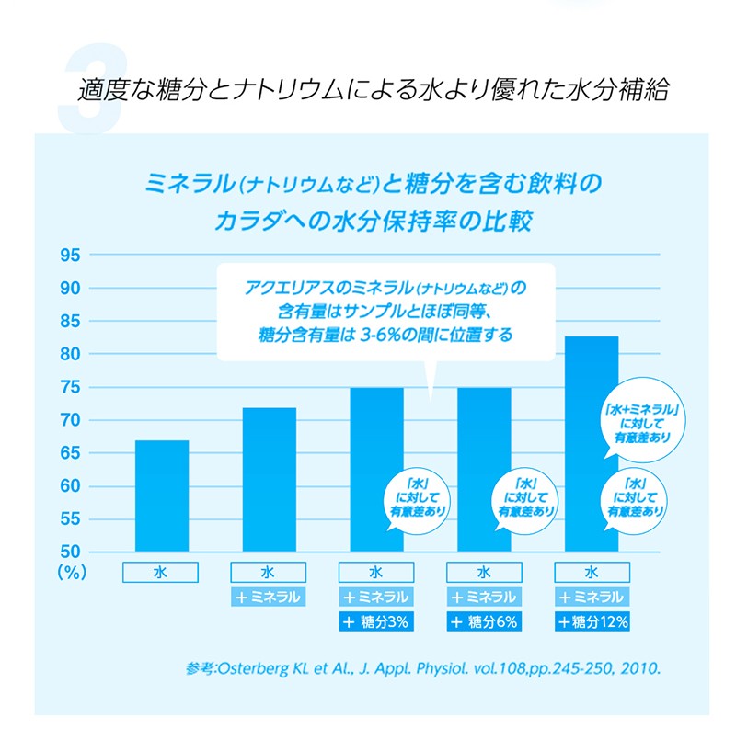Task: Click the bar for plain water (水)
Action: pyautogui.click(x=162, y=495)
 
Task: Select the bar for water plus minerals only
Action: pyautogui.click(x=269, y=479)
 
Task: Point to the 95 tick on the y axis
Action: pyautogui.click(x=72, y=256)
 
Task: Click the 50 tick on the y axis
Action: pyautogui.click(x=72, y=552)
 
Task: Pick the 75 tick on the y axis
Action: pyautogui.click(x=72, y=387)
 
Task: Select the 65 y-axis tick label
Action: pyautogui.click(x=72, y=453)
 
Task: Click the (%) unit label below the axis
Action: pyautogui.click(x=71, y=572)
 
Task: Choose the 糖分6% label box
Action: pyautogui.click(x=484, y=622)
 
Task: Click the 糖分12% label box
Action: pyautogui.click(x=592, y=622)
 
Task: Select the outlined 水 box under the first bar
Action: pyautogui.click(x=161, y=571)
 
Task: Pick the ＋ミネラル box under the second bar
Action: pyautogui.click(x=269, y=597)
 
